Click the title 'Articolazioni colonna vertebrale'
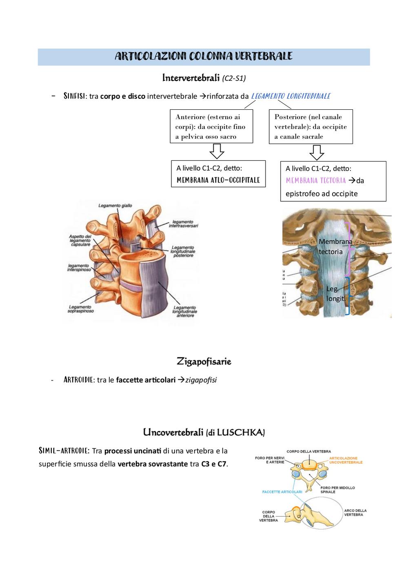pos(204,56)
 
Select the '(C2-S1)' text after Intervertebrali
pos(234,78)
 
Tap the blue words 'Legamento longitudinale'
pos(291,96)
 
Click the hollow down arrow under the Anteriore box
pos(217,151)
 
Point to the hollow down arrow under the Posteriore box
pos(317,153)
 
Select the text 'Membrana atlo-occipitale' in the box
pos(218,180)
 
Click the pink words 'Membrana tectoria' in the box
pos(316,180)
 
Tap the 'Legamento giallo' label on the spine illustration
pos(115,206)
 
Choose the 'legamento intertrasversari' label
pos(183,224)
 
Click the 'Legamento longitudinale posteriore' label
pos(183,251)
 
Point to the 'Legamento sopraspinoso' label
pos(81,309)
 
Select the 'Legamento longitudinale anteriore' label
pos(185,311)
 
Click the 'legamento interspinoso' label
pos(79,267)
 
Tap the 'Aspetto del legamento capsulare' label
pos(80,240)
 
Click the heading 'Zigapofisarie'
pos(204,362)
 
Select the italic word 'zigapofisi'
pos(201,380)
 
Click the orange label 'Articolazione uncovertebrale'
pos(346,460)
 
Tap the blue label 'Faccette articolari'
pos(282,492)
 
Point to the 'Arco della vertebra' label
pos(355,513)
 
